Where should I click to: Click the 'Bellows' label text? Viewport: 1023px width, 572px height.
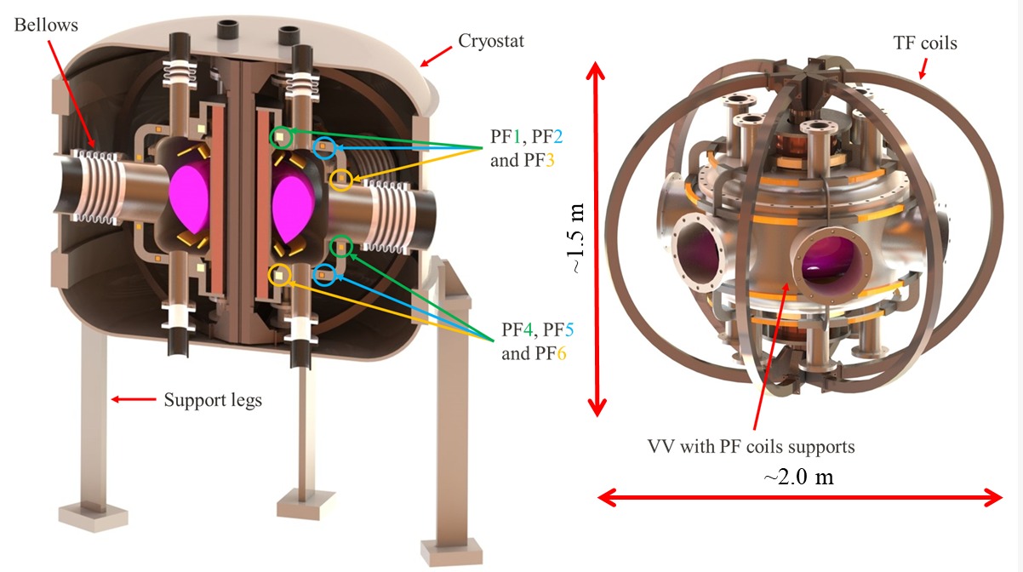coord(45,25)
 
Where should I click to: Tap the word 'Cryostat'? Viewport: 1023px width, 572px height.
coord(491,41)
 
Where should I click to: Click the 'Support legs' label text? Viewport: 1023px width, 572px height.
coord(213,398)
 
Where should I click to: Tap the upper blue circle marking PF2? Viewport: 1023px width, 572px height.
coord(323,149)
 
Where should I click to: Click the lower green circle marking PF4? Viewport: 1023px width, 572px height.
coord(340,247)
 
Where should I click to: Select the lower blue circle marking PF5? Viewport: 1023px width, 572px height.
coord(324,274)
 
